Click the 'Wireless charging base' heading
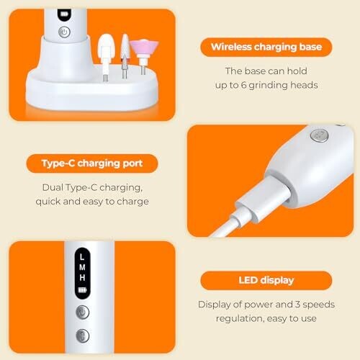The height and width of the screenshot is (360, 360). tap(266, 47)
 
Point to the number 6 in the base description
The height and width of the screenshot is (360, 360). tap(243, 85)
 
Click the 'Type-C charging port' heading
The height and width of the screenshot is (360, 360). tap(92, 163)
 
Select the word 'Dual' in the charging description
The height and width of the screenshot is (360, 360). tap(53, 187)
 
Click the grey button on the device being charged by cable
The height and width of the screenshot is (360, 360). tap(319, 135)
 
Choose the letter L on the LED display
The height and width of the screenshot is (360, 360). tap(82, 257)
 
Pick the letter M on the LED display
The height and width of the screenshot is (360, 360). tap(82, 267)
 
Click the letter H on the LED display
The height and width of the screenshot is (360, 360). tap(82, 278)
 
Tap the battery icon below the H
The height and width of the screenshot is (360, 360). tap(82, 290)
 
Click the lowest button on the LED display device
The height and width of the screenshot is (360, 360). tap(83, 336)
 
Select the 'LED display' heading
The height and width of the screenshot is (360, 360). tap(266, 280)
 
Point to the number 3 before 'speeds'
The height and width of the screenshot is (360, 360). tap(297, 305)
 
